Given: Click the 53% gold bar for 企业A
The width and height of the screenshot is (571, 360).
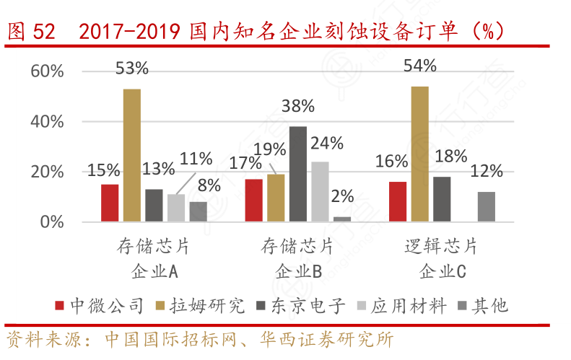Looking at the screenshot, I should tap(131, 155).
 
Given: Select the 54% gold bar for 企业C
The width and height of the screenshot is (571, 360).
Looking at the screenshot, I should tap(420, 154).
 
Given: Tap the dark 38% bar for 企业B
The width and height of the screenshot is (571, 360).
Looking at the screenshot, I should tap(297, 174).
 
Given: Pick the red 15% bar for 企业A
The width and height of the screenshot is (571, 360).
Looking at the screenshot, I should tap(110, 203).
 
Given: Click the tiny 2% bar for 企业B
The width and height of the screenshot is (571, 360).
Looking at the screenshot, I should tap(342, 219).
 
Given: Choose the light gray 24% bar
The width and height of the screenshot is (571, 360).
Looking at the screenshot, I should tap(320, 191).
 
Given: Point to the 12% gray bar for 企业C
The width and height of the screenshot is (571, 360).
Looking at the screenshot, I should tap(487, 206).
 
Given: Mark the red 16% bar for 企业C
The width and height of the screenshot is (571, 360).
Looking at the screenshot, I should tap(398, 201).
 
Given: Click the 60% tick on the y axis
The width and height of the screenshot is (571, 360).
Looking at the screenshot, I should tap(48, 71).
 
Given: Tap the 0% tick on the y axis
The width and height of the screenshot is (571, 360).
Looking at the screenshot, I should tap(52, 222).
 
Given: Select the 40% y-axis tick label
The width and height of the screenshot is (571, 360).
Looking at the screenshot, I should tap(48, 122).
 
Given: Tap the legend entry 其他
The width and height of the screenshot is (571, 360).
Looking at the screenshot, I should tap(489, 306).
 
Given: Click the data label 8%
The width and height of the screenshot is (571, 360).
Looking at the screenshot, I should tap(209, 185).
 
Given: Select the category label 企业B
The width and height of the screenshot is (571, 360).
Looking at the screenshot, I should tap(297, 271).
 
